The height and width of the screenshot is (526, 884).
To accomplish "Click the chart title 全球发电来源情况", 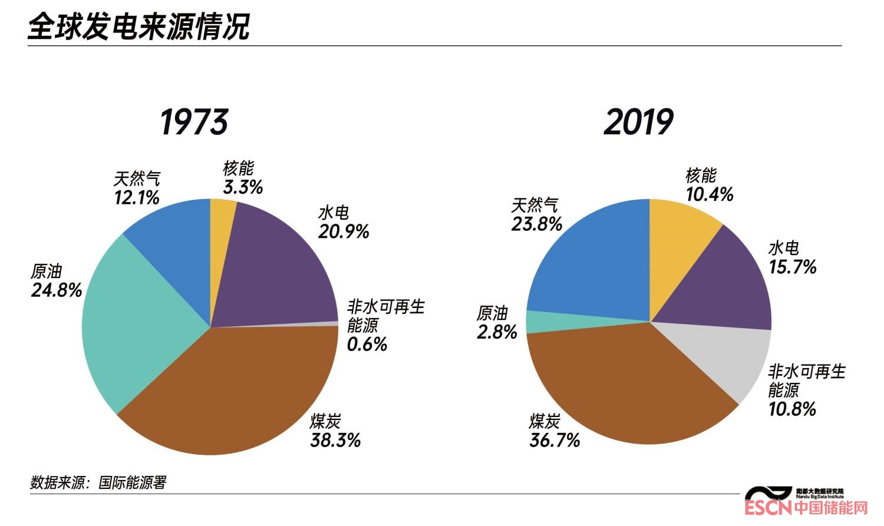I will click(x=139, y=27).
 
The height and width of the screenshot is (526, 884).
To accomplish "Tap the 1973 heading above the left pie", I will click(x=194, y=123).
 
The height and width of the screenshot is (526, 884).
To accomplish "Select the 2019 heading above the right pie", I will click(x=638, y=123).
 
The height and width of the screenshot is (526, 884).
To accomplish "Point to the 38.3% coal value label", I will click(x=335, y=440).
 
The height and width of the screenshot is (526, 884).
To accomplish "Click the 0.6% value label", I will click(x=367, y=344).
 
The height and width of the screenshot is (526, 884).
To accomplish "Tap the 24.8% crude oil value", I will click(x=57, y=290).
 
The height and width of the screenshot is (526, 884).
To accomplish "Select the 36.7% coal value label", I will click(x=555, y=440).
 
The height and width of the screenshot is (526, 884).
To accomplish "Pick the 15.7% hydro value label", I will click(x=793, y=267).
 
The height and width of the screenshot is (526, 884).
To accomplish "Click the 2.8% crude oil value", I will click(x=497, y=332).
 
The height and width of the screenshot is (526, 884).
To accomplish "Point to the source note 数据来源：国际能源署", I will click(x=98, y=482).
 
